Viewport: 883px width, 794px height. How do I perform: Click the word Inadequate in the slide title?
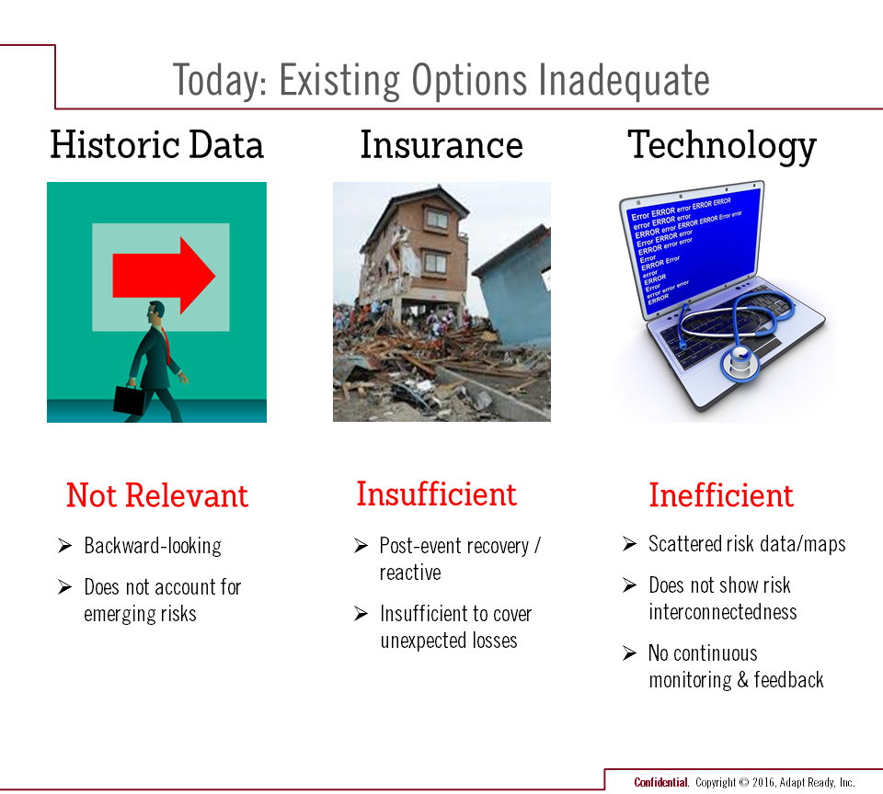click(624, 81)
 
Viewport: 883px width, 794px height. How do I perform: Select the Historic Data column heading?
click(156, 144)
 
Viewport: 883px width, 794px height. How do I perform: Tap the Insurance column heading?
click(441, 144)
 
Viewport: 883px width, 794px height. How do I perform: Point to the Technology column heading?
click(722, 146)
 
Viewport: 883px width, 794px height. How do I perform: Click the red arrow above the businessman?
click(164, 275)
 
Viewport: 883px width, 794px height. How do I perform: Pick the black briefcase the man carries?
click(130, 399)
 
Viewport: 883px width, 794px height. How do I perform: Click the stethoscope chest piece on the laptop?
click(740, 364)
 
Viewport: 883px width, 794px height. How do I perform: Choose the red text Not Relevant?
click(157, 495)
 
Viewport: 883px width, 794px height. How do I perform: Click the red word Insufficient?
click(436, 494)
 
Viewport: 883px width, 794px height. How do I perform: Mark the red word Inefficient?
click(721, 495)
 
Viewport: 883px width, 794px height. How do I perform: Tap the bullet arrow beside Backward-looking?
click(64, 545)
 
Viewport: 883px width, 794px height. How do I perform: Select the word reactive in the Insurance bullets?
click(410, 573)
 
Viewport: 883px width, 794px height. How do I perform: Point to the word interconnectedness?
click(723, 612)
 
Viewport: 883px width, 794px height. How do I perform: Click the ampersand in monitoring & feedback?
click(743, 680)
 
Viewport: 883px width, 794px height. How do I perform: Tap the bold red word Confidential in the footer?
click(660, 782)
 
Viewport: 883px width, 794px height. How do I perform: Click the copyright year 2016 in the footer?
click(763, 782)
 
